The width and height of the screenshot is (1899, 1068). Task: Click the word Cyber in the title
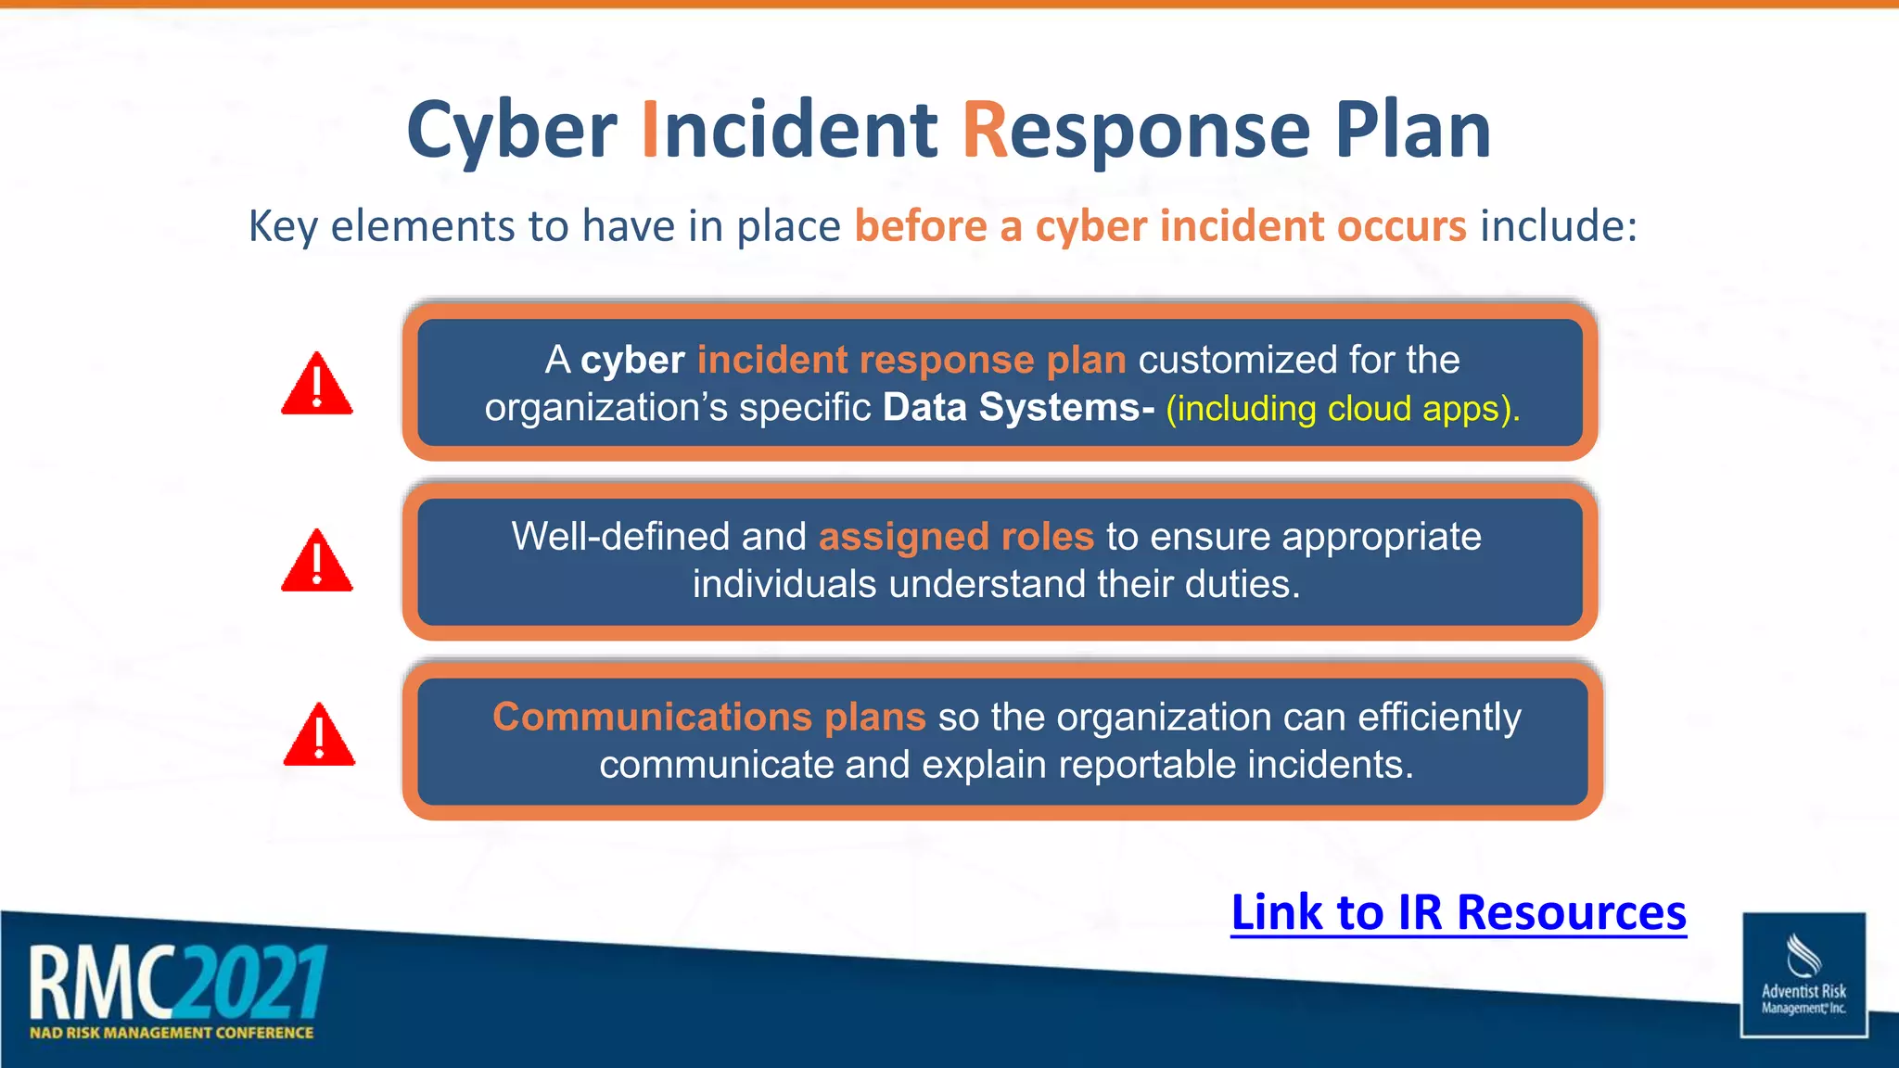(512, 132)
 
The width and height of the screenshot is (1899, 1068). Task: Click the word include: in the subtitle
(1559, 226)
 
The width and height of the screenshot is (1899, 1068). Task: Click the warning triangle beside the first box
(317, 385)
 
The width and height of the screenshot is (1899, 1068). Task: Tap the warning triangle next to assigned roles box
(317, 562)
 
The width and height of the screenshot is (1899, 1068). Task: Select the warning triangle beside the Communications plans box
(319, 736)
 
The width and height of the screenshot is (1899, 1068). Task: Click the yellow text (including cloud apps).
(1343, 409)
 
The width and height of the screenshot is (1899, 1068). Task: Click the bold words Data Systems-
(1018, 408)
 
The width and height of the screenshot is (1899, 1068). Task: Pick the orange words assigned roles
(956, 537)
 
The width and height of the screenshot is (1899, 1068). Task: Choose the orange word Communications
(653, 717)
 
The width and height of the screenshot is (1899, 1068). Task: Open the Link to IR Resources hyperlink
(1458, 912)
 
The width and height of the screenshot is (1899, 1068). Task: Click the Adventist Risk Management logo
(1803, 974)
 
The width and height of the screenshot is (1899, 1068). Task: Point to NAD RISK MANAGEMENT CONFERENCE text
(172, 1033)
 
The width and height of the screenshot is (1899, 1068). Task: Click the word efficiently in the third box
(1439, 718)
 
